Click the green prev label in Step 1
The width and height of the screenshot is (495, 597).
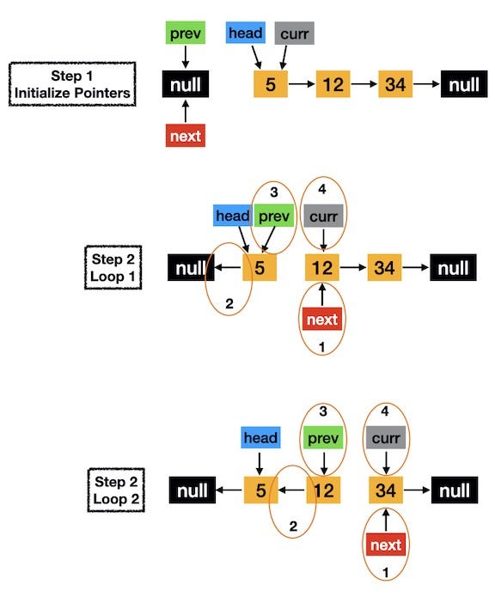click(x=186, y=33)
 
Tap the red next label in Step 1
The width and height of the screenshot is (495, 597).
click(x=186, y=136)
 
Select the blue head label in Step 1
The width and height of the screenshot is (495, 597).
click(x=246, y=33)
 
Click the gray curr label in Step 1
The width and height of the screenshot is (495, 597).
click(x=294, y=34)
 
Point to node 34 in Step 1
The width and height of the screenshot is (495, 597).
click(x=395, y=84)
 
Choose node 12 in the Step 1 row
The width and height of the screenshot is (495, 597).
click(x=333, y=84)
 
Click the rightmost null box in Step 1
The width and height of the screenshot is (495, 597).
click(x=464, y=84)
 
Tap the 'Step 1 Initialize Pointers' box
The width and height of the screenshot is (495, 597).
click(x=72, y=84)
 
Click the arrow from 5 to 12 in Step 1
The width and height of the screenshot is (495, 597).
click(x=302, y=84)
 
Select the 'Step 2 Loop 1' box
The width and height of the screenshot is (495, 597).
click(x=113, y=267)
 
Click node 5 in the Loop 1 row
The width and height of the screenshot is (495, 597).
click(x=260, y=267)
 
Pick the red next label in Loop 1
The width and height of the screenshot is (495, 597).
click(x=322, y=319)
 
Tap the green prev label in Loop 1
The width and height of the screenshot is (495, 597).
click(x=274, y=216)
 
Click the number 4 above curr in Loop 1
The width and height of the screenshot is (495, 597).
click(x=322, y=189)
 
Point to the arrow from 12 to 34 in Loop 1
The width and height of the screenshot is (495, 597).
click(x=353, y=267)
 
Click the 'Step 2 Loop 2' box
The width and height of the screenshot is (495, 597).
click(x=116, y=490)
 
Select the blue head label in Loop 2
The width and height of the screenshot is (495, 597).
click(x=261, y=437)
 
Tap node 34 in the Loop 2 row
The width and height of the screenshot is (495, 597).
click(x=386, y=490)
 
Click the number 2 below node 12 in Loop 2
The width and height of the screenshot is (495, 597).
click(x=293, y=527)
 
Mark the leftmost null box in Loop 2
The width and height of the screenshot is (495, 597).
click(x=192, y=490)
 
